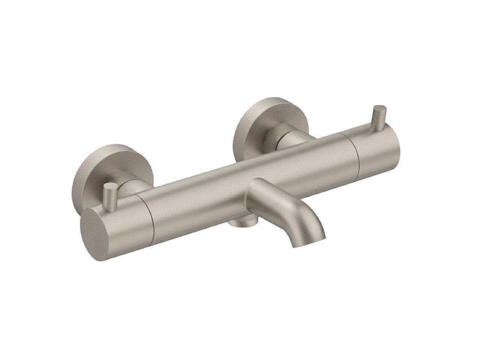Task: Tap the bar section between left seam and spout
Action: point(199,195)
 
